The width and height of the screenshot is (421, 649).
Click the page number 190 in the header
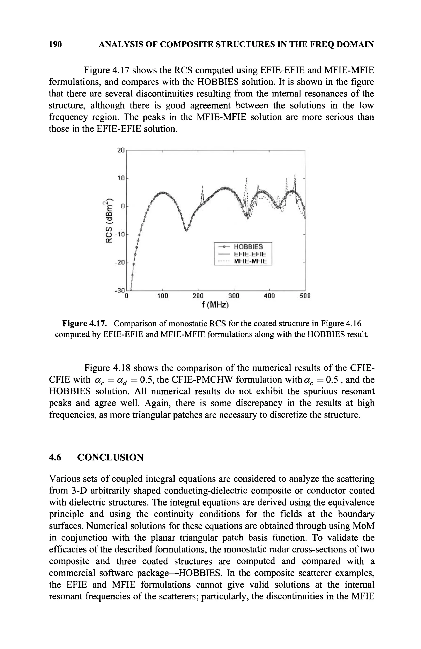[55, 44]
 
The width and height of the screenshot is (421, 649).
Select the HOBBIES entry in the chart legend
[248, 247]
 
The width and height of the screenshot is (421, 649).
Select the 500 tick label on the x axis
[305, 296]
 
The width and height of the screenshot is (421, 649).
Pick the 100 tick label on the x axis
[163, 296]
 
